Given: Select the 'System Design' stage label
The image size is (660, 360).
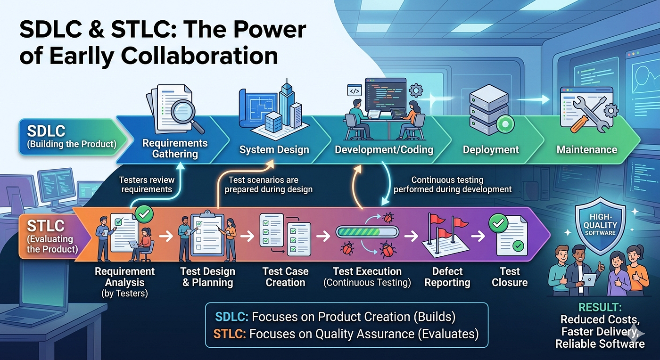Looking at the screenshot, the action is point(274,150).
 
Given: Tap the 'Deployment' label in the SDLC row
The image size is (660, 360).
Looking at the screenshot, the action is point(491,150).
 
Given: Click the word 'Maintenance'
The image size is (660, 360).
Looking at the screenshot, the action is point(586,150).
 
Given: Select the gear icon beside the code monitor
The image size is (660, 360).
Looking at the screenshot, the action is point(416,90).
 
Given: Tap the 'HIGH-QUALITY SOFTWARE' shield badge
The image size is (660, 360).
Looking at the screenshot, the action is point(600,225).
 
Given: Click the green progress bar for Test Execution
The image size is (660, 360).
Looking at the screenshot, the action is point(367,232).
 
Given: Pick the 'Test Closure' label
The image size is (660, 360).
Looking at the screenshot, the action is point(510,277).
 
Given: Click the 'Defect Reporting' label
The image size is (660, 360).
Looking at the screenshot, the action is point(447,277).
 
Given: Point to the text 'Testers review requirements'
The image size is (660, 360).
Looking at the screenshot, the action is point(147,184).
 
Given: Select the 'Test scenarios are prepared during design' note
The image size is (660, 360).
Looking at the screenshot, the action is point(268,184).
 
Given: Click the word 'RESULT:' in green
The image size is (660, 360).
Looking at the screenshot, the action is point(600,307).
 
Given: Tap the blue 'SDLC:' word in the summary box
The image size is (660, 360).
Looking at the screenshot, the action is point(231,317).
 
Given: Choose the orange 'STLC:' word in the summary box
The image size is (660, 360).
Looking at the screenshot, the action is point(230,334).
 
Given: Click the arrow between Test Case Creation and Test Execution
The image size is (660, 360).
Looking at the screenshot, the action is point(323,236).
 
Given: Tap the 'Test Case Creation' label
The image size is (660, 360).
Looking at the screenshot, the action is point(286,277).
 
